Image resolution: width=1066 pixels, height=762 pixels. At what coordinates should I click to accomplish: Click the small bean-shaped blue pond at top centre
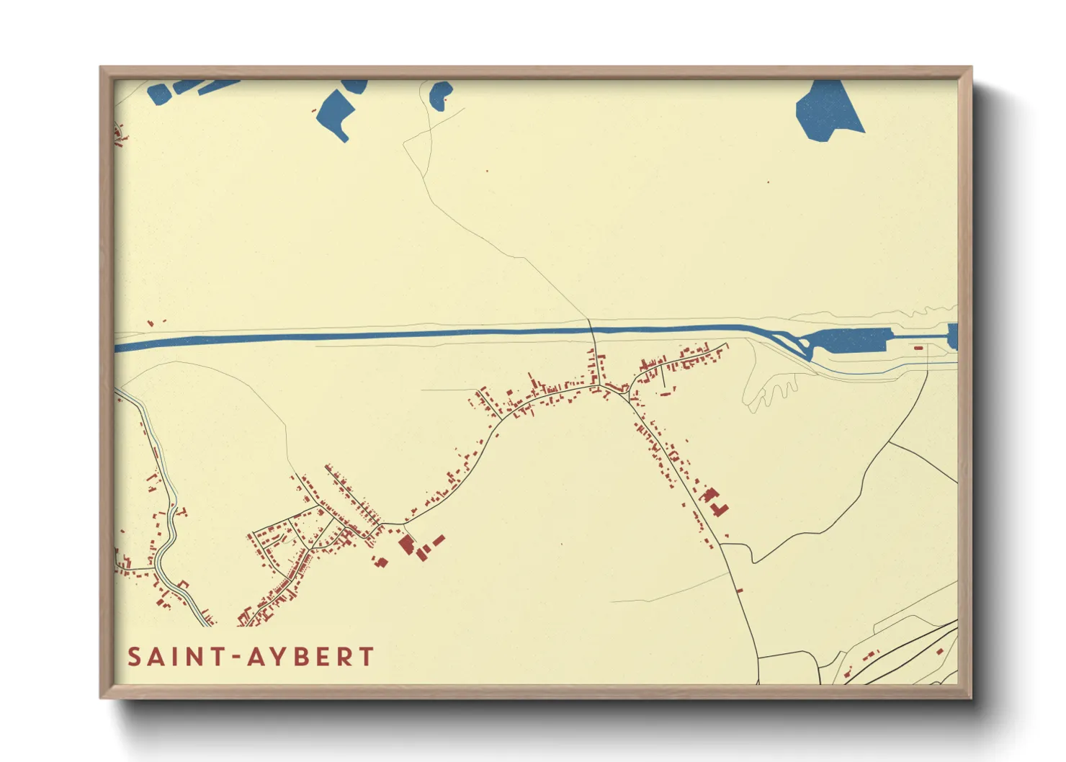tap(439, 94)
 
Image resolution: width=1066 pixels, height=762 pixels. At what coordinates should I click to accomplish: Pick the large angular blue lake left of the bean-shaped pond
tap(336, 112)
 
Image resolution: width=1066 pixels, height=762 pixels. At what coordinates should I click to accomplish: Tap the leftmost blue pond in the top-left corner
tap(158, 93)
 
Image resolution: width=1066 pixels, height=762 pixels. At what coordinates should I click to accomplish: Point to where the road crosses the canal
tap(592, 331)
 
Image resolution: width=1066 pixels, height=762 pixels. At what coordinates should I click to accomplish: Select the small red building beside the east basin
tap(918, 348)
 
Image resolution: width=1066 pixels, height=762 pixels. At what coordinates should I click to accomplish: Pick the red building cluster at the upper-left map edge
tap(120, 135)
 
